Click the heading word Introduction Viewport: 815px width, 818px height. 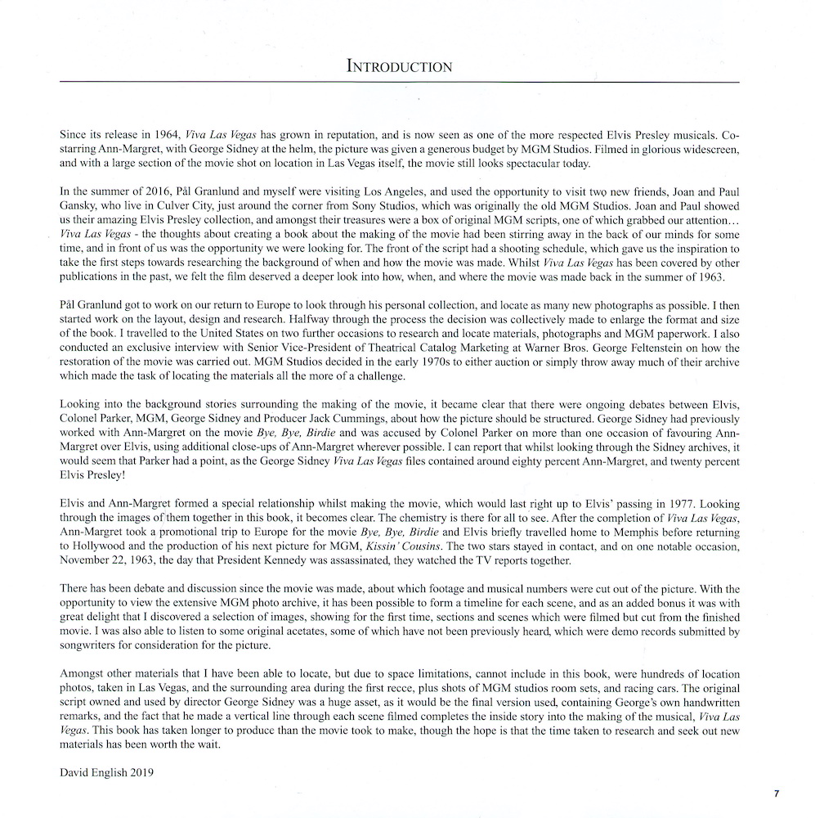399,66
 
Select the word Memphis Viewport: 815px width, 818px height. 575,532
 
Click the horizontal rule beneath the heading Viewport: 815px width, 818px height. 399,82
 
